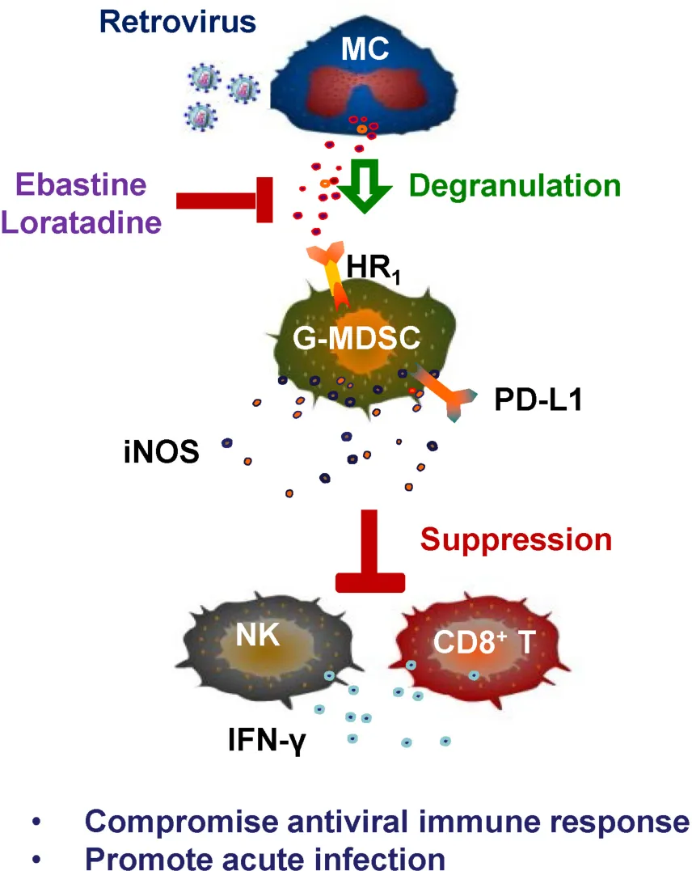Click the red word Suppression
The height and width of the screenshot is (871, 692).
tap(517, 539)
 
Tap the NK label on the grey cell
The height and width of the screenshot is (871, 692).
tap(258, 636)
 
